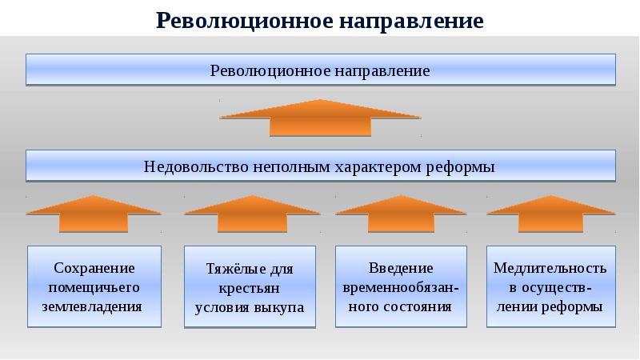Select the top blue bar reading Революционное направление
coord(320,70)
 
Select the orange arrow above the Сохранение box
coord(94,212)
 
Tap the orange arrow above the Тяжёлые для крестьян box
coord(250,212)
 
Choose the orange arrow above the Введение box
coord(401,212)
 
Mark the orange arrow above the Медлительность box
coord(552,212)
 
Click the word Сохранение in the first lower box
coord(94,267)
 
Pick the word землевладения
coord(94,306)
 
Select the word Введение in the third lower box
coord(401,267)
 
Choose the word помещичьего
coord(94,286)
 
